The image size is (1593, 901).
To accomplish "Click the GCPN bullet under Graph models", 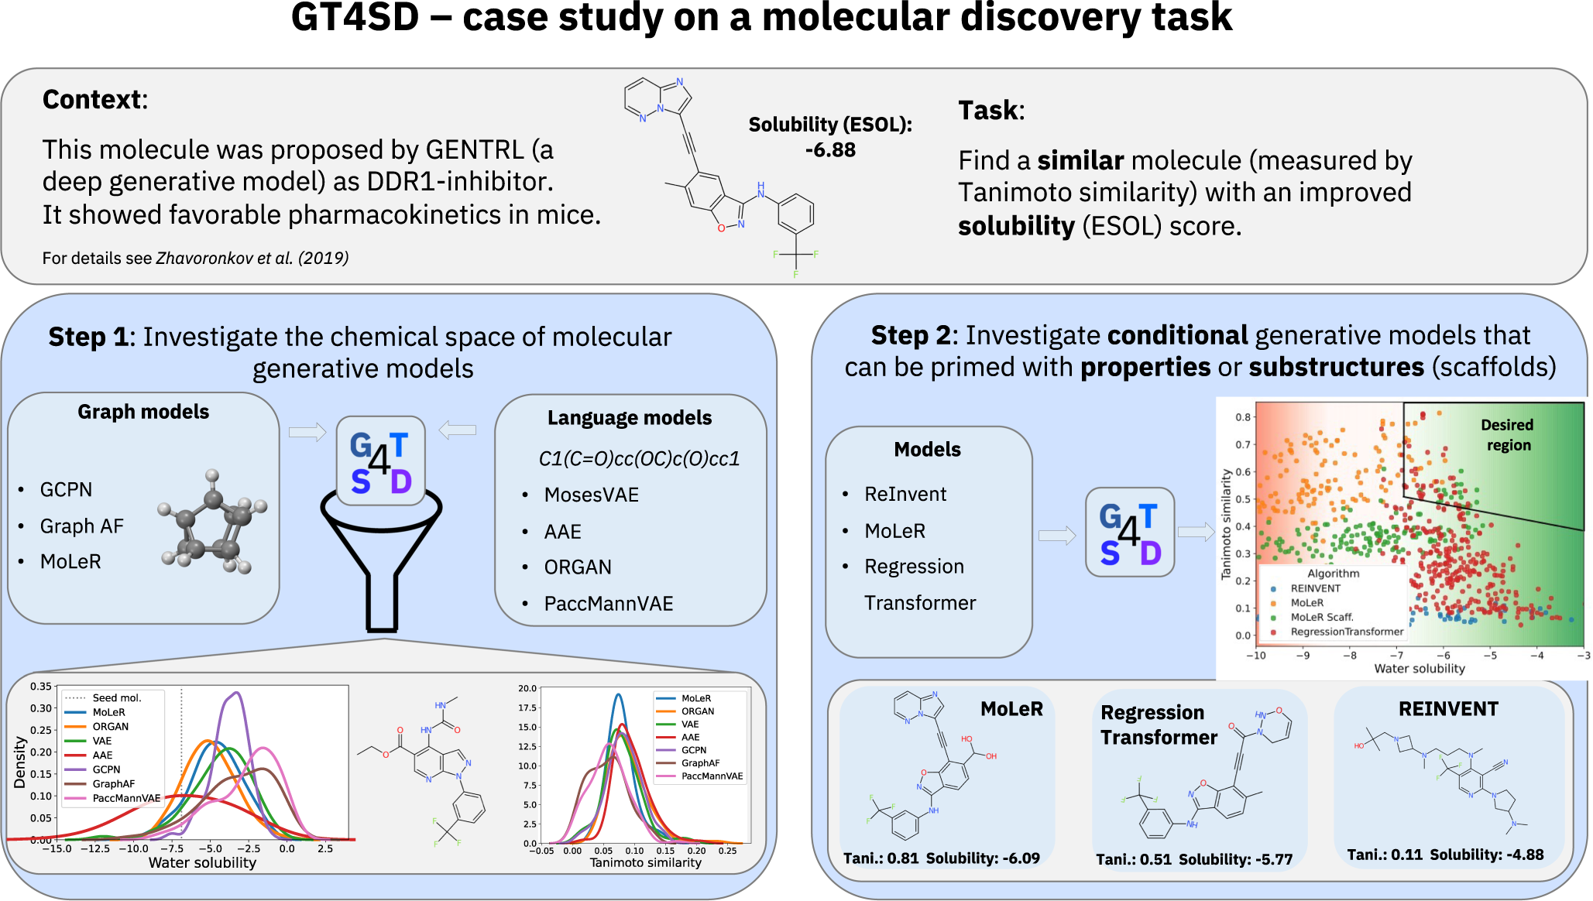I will point(66,490).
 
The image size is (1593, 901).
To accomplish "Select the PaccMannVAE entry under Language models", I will point(608,604).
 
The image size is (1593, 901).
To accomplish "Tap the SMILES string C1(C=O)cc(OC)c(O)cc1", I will point(639,459).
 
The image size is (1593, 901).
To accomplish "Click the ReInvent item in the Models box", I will point(905,495).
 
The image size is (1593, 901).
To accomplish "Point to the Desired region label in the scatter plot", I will point(1506,435).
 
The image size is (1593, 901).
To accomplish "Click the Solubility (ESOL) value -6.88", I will point(830,150).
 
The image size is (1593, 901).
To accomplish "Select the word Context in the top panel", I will point(92,100).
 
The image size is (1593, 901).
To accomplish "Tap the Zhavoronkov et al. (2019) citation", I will point(252,259).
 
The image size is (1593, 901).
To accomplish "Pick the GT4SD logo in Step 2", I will point(1130,533).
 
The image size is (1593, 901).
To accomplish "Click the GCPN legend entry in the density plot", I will point(106,769).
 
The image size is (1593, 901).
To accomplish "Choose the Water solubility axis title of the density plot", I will point(202,863).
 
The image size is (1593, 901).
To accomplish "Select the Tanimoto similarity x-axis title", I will point(645,862).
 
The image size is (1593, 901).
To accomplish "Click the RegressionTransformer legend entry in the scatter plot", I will point(1346,632).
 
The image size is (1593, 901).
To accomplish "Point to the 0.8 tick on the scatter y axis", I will point(1242,417).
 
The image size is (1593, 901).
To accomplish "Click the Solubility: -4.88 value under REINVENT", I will point(1486,855).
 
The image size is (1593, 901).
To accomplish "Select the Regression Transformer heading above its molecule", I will point(1158,725).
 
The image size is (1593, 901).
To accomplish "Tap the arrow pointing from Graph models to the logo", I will point(307,432).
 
